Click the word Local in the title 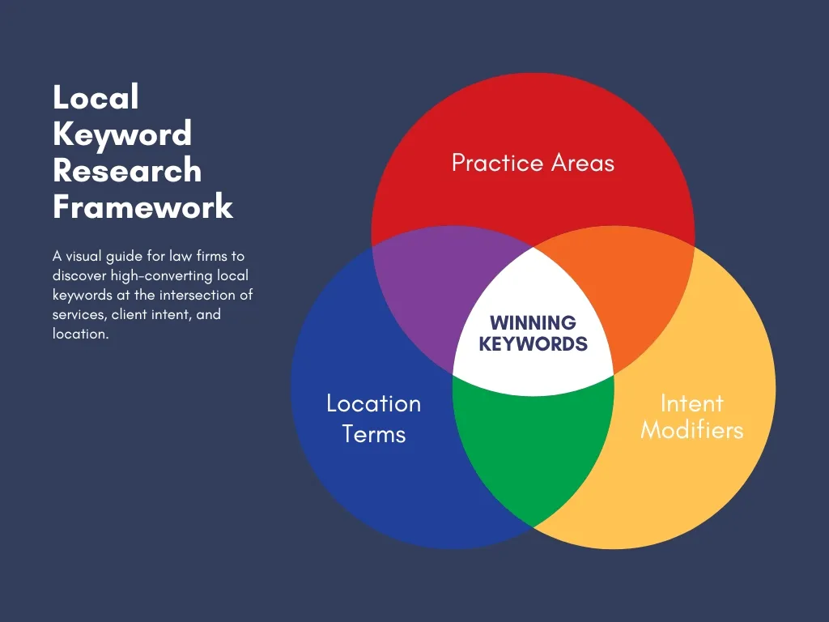[96, 98]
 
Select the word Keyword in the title [122, 134]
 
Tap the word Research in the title [127, 171]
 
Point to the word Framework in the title [143, 207]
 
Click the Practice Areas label [533, 164]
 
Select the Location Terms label [373, 418]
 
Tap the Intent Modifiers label [691, 416]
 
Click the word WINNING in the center [533, 324]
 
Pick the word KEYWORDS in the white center [533, 343]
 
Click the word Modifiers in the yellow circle [691, 430]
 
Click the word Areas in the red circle [583, 164]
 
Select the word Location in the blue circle [373, 403]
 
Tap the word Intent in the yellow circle [691, 403]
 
